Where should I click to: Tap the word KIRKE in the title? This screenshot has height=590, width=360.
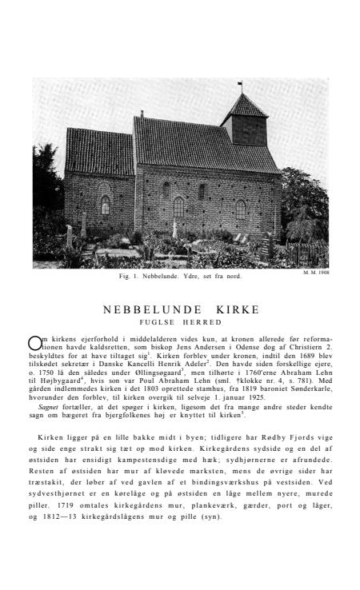pyautogui.click(x=230, y=309)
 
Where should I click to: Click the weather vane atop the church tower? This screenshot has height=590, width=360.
pyautogui.click(x=239, y=84)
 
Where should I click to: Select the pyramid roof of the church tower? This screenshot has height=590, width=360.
pyautogui.click(x=243, y=106)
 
